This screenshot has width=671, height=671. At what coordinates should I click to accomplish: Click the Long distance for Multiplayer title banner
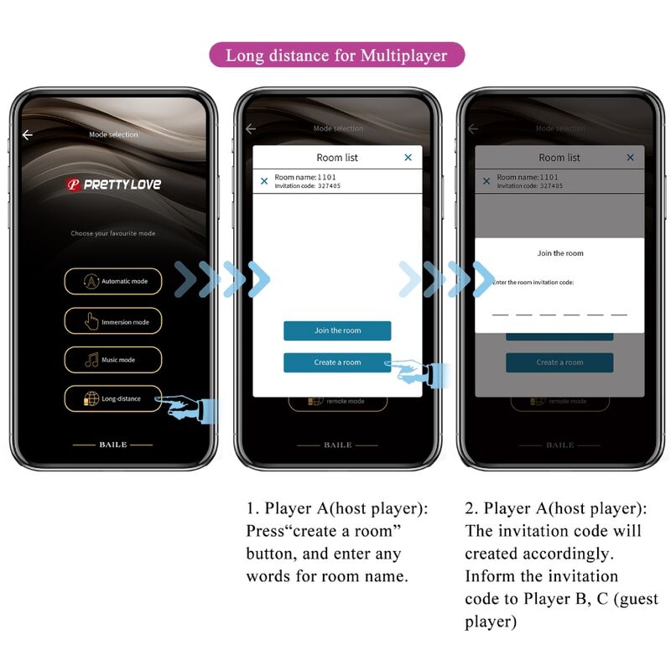pos(335,56)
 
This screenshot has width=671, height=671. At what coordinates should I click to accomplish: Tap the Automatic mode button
pos(112,281)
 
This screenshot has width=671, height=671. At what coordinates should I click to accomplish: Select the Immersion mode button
pos(112,321)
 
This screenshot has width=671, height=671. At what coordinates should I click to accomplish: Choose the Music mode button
pos(112,360)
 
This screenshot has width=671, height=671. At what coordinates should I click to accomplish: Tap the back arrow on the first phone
pos(28,135)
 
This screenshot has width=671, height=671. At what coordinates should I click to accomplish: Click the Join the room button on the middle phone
pos(337,330)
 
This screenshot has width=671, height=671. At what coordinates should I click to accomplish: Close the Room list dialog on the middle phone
pos(408,158)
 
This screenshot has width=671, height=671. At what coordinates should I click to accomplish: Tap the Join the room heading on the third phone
pos(559,253)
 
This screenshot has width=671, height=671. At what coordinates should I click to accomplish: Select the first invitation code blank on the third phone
pos(500,314)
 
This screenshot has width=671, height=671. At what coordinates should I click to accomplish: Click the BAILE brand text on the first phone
pos(112,445)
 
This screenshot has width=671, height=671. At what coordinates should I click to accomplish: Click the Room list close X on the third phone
pos(631,158)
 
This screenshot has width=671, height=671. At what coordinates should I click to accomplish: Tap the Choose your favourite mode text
pos(112,233)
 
